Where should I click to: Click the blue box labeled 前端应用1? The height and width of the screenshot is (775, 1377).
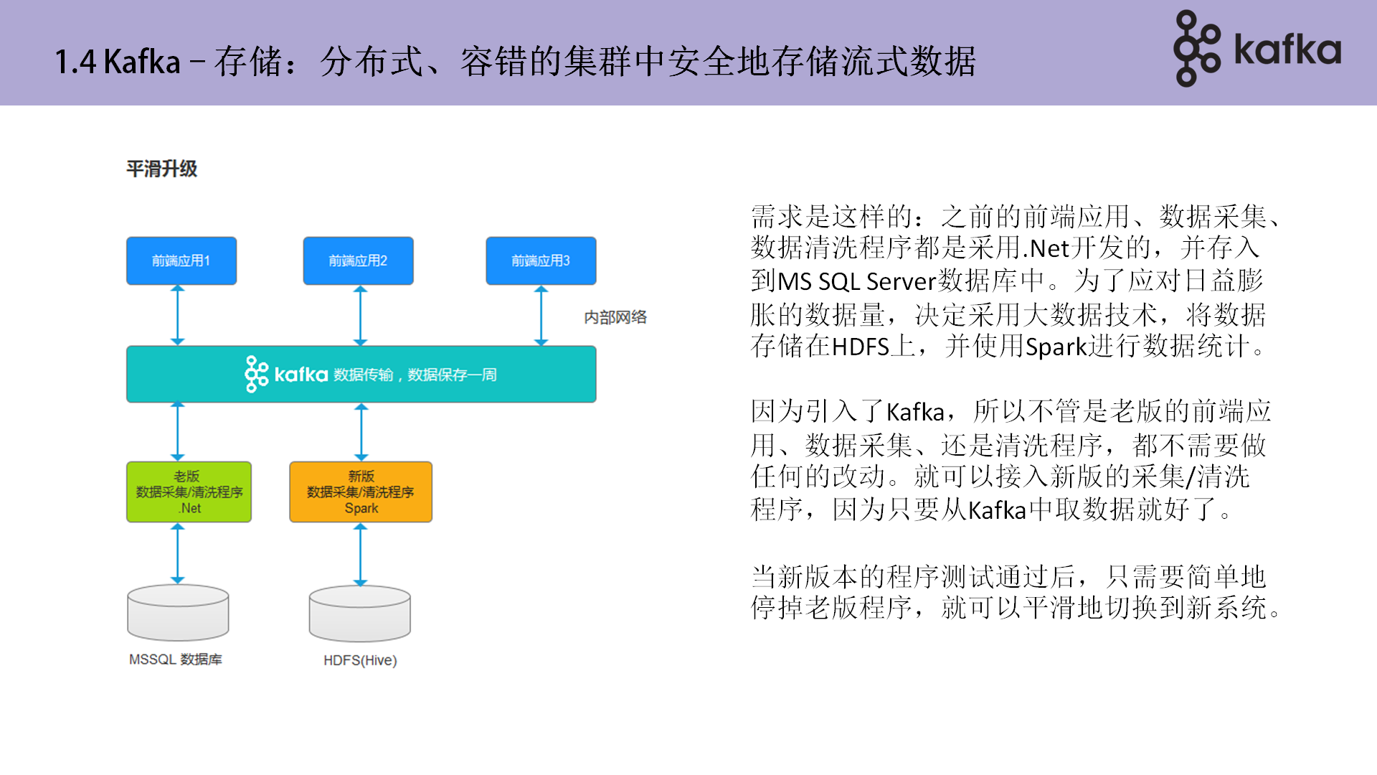pyautogui.click(x=181, y=260)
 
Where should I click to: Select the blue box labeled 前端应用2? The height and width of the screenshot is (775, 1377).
pyautogui.click(x=358, y=260)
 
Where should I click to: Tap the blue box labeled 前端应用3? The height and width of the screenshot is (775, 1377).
pyautogui.click(x=541, y=260)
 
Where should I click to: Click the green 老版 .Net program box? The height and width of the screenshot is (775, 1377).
pyautogui.click(x=189, y=492)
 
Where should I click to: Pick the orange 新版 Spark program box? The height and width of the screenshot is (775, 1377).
pyautogui.click(x=361, y=492)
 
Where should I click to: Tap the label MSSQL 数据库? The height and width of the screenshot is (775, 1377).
pyautogui.click(x=176, y=659)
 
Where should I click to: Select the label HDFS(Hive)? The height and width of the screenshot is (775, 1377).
pyautogui.click(x=360, y=660)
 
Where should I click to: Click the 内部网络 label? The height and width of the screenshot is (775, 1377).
pyautogui.click(x=615, y=317)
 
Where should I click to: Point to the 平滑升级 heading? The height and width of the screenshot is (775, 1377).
pyautogui.click(x=161, y=169)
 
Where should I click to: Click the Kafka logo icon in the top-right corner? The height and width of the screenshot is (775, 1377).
pyautogui.click(x=1196, y=48)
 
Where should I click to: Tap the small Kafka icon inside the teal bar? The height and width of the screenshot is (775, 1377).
pyautogui.click(x=256, y=374)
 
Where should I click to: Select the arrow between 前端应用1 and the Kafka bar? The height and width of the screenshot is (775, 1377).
pyautogui.click(x=178, y=315)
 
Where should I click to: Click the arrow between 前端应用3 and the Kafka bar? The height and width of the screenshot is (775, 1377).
pyautogui.click(x=541, y=315)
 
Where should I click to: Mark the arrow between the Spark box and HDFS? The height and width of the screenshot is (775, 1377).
pyautogui.click(x=361, y=554)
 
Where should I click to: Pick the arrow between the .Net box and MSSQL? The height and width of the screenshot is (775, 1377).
pyautogui.click(x=178, y=553)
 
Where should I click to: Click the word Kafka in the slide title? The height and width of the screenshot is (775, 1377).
pyautogui.click(x=142, y=62)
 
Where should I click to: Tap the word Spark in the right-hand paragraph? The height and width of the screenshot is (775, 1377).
pyautogui.click(x=1056, y=347)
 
